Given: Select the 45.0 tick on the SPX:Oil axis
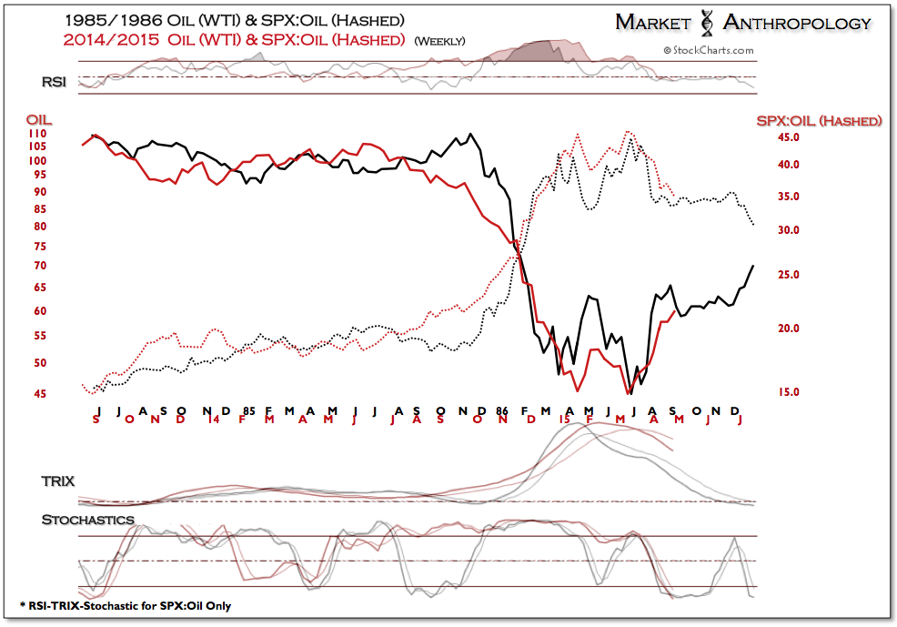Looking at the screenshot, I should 787,137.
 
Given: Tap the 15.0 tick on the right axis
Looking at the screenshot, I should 787,392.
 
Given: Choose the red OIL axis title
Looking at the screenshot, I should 37,118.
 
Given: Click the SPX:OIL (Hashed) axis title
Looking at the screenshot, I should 818,120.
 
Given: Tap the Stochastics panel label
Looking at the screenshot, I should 87,520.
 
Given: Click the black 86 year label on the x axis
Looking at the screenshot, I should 502,410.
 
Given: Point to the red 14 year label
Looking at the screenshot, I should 213,419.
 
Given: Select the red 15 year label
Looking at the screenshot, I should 565,419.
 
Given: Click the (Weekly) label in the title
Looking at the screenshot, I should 439,41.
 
